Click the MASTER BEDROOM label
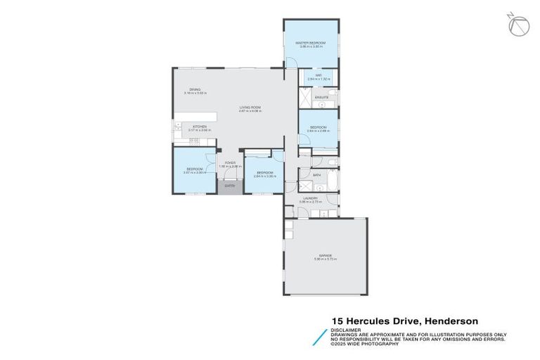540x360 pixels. (x=311, y=43)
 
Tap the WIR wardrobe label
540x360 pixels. (x=318, y=75)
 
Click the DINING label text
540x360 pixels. (x=194, y=89)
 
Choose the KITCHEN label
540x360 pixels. (x=200, y=127)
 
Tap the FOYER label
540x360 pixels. (x=229, y=163)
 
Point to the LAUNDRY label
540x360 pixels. (x=310, y=199)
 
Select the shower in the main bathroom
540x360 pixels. (x=306, y=186)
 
